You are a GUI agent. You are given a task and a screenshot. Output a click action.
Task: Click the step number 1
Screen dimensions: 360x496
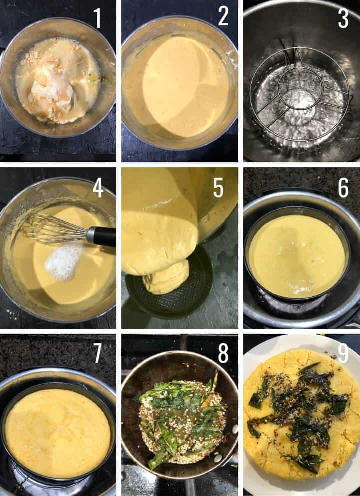pos(97,18)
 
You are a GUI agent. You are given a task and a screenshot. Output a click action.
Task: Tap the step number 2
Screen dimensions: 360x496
pos(223,16)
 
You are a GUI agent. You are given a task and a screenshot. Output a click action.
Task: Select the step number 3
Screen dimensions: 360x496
pos(343,18)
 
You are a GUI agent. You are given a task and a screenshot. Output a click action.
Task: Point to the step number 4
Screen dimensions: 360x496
pos(98,188)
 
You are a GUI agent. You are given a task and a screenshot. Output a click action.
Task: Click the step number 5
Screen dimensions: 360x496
pos(218,188)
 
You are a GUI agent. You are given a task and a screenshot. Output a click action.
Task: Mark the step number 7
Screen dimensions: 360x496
pos(98,353)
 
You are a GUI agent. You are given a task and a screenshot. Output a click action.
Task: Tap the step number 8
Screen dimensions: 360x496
pos(223,353)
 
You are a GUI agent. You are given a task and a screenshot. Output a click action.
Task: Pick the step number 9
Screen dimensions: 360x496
pos(343,353)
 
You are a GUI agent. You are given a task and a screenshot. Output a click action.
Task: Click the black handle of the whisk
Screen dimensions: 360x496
pos(101,236)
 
